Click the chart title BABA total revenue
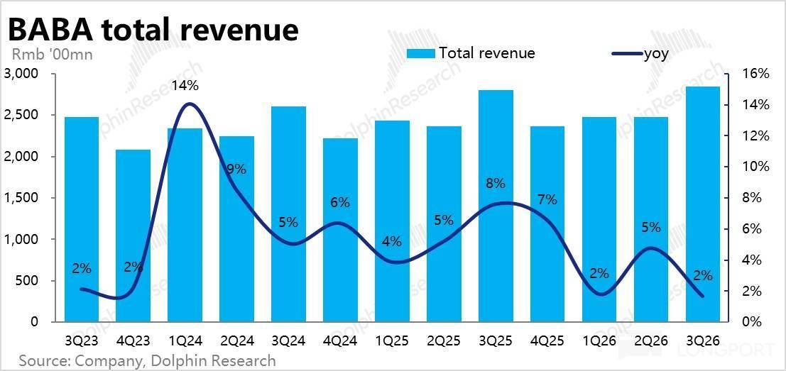(152, 29)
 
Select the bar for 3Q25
(495, 206)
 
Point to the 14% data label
(185, 86)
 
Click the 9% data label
(236, 169)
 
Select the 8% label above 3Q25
(495, 183)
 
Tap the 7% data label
(547, 199)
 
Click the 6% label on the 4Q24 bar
(340, 202)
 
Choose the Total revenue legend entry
(471, 53)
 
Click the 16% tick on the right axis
(755, 74)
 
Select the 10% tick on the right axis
(755, 167)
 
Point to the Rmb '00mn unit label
(52, 53)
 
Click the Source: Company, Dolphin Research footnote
(147, 360)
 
